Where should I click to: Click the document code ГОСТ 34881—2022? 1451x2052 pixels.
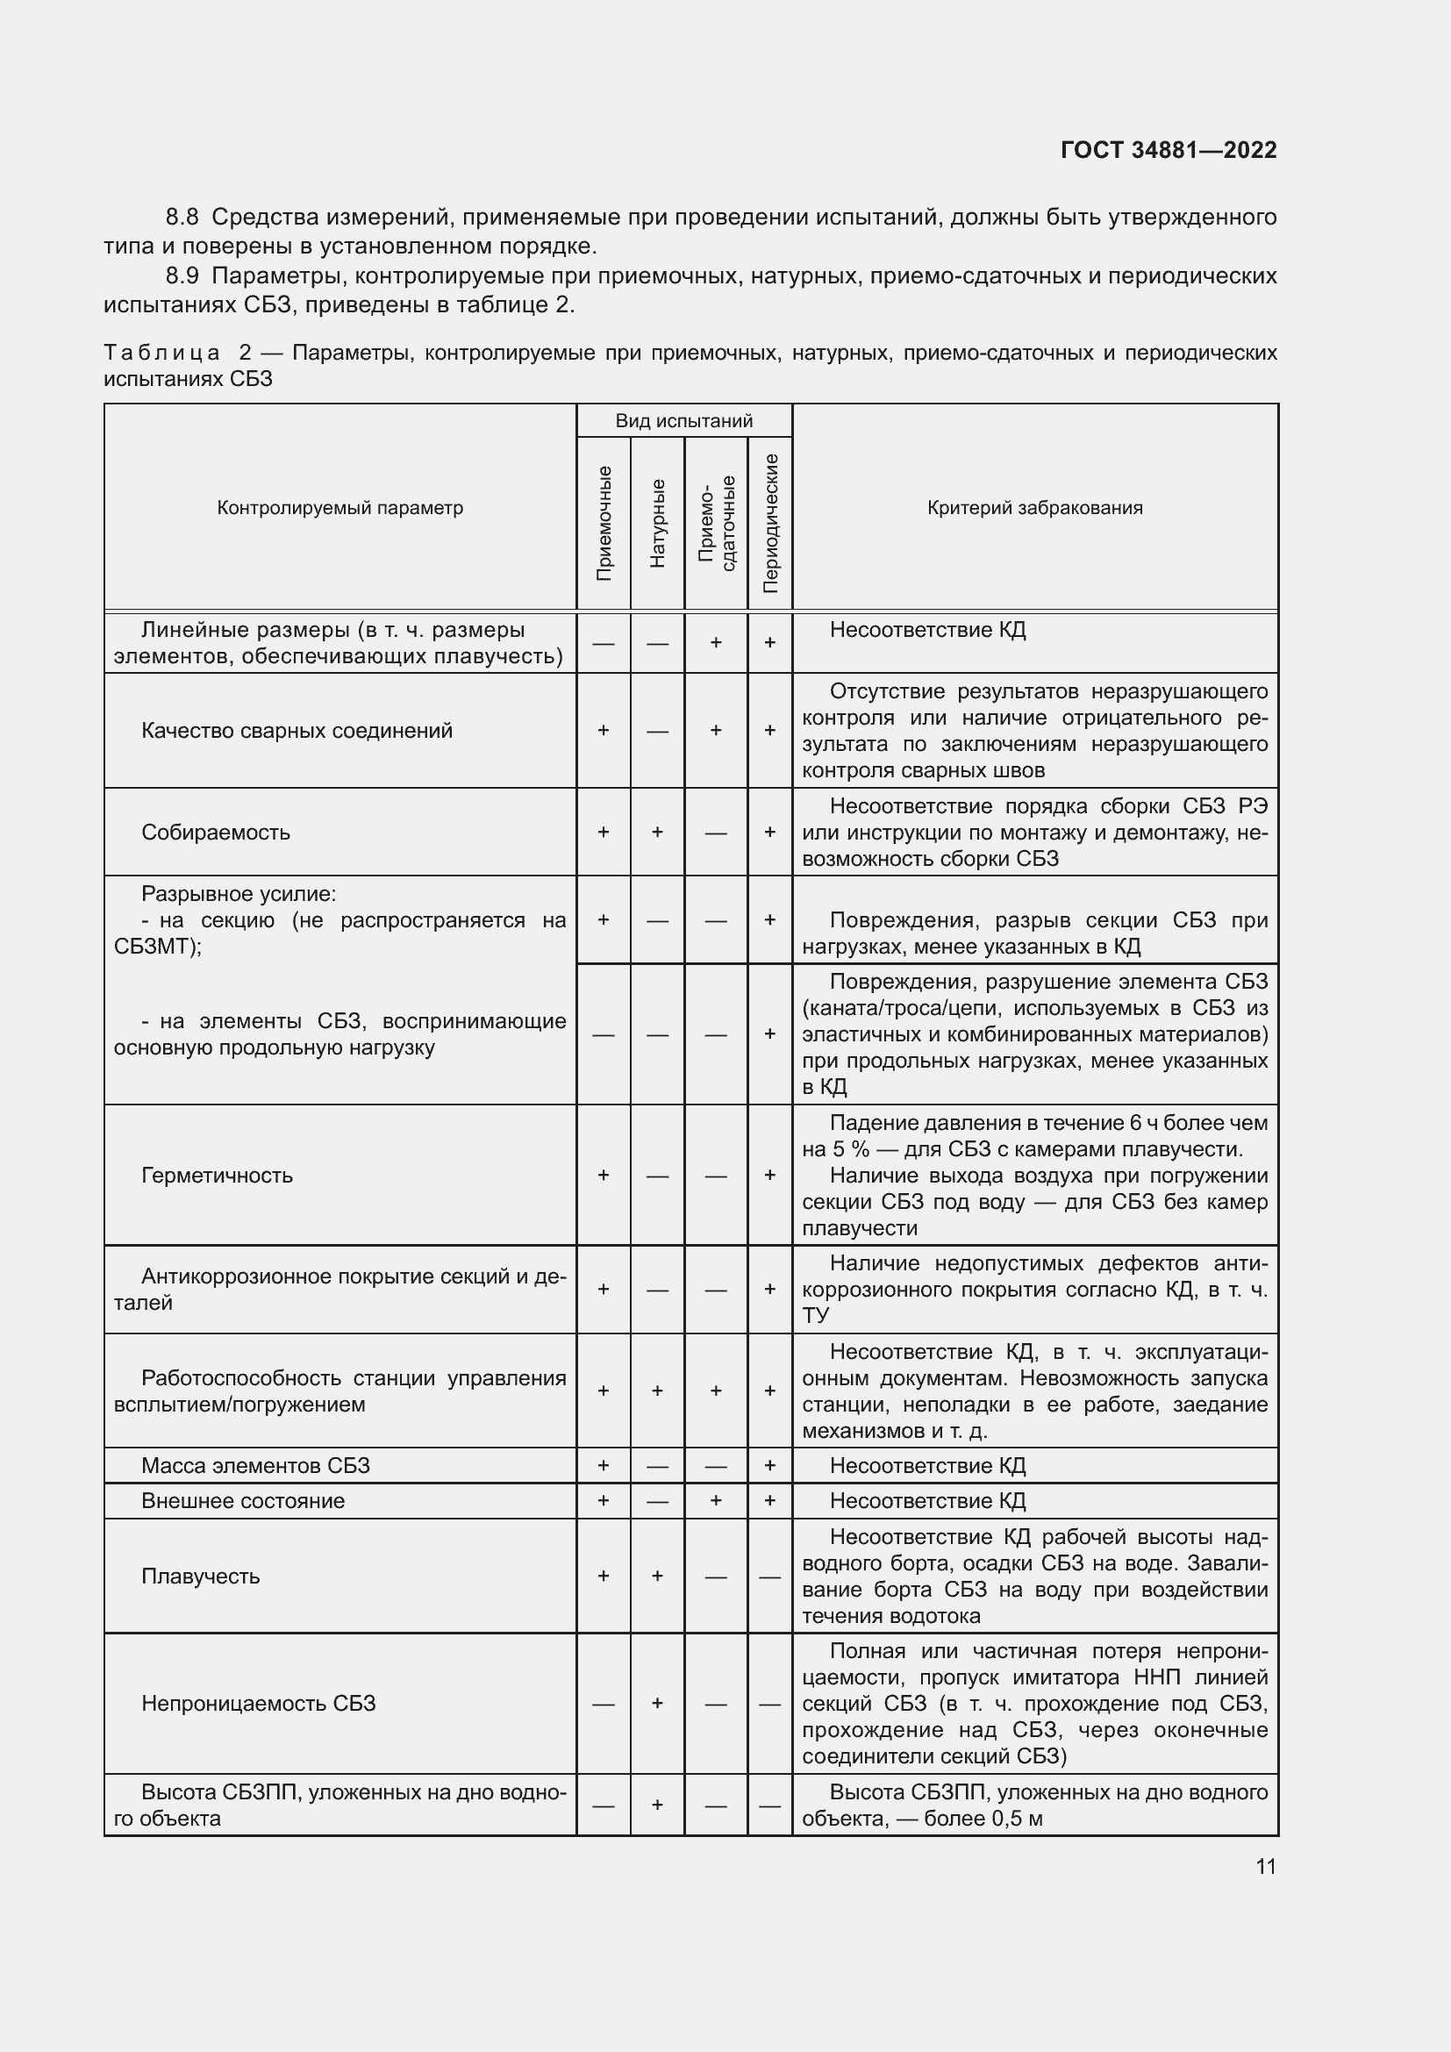1168,150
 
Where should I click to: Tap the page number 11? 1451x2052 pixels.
1265,1866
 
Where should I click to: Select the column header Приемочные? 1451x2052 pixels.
604,523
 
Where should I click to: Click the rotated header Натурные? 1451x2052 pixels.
658,523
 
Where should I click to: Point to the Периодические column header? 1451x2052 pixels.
770,523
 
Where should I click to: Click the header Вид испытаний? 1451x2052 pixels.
683,421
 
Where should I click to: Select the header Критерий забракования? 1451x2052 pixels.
1034,508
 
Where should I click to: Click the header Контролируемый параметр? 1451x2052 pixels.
340,508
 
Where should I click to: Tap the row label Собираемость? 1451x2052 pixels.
215,832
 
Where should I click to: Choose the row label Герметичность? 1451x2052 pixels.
216,1176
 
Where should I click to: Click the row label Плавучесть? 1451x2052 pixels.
200,1576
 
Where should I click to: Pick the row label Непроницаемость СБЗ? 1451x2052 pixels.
258,1704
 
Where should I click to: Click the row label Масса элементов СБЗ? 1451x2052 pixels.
254,1466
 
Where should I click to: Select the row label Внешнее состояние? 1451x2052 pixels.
242,1500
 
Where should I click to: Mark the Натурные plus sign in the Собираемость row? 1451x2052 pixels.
658,832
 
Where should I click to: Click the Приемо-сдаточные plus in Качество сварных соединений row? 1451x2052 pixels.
716,730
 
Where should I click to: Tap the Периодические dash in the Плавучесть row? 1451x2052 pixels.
770,1577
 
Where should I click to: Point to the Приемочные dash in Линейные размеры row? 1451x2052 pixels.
604,642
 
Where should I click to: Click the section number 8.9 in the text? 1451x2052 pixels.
183,275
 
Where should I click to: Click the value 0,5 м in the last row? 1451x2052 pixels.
1017,1819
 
